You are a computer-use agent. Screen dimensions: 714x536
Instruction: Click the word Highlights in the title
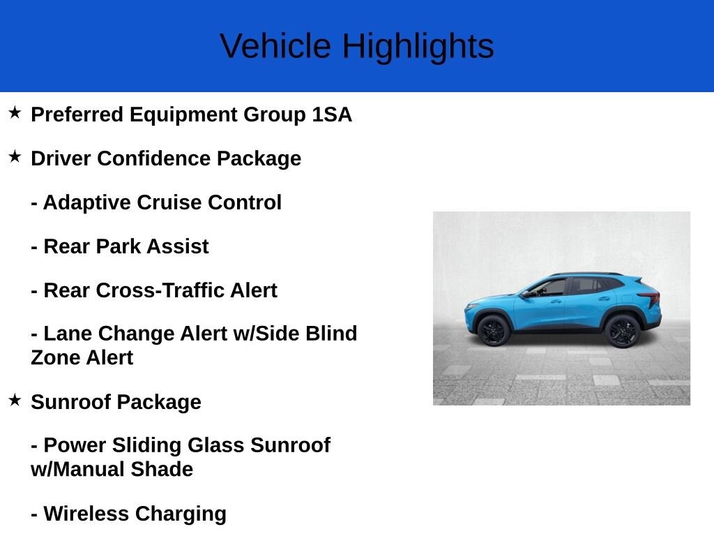[x=418, y=47]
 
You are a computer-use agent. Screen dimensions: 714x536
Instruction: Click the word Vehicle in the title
[x=275, y=45]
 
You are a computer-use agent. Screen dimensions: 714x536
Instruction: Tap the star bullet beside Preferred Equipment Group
[x=15, y=112]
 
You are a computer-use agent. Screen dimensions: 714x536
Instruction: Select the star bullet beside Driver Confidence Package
[x=15, y=156]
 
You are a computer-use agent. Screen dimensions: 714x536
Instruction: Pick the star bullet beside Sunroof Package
[x=15, y=400]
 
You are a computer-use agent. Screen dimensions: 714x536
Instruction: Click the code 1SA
[x=332, y=114]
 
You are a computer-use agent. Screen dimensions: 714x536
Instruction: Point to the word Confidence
[x=153, y=158]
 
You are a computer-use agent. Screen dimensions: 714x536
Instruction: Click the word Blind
[x=331, y=333]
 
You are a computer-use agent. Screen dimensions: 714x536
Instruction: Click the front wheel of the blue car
[x=494, y=331]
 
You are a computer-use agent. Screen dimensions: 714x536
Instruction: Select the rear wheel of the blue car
[x=622, y=332]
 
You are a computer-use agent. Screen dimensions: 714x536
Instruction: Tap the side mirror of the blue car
[x=526, y=295]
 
